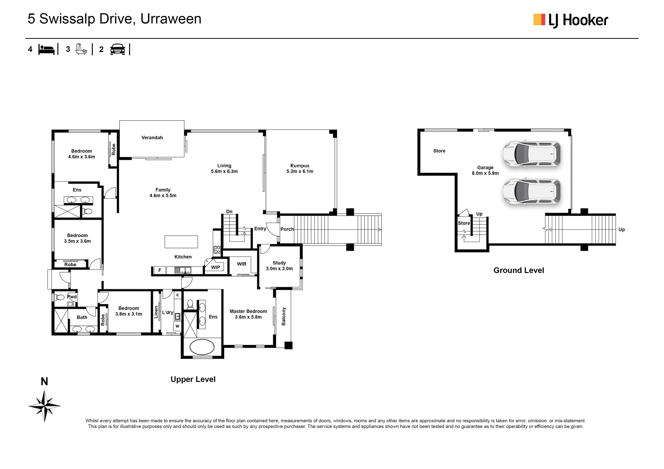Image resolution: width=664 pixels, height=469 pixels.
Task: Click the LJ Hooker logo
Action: coord(570,20)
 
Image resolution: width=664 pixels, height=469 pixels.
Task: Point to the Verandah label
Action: coord(152,138)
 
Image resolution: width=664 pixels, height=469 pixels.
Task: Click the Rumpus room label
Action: coord(300,168)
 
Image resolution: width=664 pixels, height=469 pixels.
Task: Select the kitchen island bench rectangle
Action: coord(181,242)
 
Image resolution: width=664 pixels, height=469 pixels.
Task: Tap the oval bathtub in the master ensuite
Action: coord(202,347)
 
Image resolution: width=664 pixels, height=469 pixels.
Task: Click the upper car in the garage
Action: coord(532,154)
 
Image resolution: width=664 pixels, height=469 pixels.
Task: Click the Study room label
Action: coord(279,266)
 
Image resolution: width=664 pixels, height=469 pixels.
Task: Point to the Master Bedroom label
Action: coord(248,314)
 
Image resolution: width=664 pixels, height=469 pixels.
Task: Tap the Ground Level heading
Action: coord(519,270)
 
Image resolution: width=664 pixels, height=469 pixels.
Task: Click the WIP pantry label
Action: coord(215,267)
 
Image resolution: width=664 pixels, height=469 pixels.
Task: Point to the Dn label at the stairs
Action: coord(229,212)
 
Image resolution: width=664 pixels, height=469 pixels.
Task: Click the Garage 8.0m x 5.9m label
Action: coord(485,170)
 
